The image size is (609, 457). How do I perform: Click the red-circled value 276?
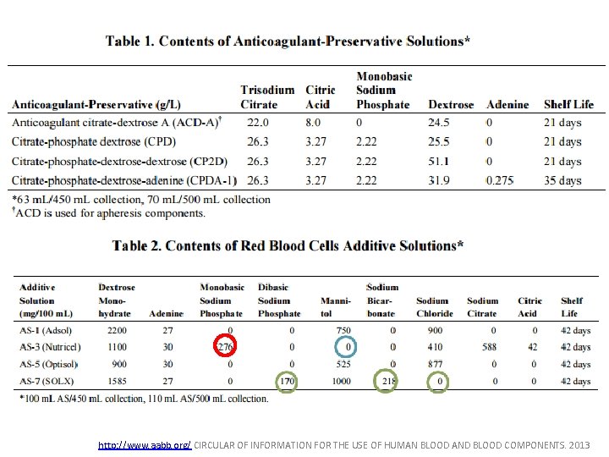[x=225, y=347]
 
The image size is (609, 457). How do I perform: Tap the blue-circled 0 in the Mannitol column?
[x=346, y=347]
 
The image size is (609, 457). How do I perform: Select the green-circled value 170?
[x=288, y=382]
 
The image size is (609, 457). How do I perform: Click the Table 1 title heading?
[x=288, y=41]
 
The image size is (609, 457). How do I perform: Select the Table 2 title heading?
[x=288, y=245]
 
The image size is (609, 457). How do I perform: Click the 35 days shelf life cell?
[x=562, y=180]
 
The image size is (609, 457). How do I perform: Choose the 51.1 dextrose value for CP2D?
[x=439, y=161]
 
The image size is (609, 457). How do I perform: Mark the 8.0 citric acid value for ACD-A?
[x=313, y=123]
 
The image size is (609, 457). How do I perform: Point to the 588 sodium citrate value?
[x=481, y=347]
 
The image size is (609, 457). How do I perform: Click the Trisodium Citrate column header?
[x=267, y=96]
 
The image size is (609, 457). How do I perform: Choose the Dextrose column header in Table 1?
[x=451, y=104]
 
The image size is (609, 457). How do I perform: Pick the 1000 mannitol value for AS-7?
[x=341, y=382]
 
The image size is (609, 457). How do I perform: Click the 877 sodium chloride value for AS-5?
[x=435, y=364]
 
